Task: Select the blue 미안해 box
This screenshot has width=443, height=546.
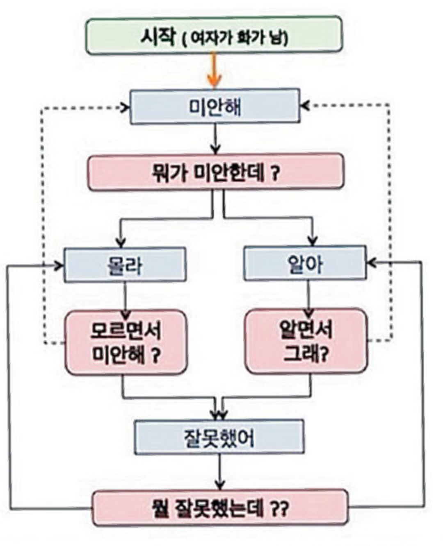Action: point(215,106)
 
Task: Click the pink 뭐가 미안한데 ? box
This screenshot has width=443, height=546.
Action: point(216,172)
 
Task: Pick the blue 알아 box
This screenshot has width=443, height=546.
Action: point(305,263)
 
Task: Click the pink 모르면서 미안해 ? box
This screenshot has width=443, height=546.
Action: point(126,342)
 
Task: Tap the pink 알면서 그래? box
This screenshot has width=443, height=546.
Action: point(306,341)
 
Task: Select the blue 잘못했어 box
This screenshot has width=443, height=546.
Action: point(219,437)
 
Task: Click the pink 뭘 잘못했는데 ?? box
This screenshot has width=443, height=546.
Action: point(220,508)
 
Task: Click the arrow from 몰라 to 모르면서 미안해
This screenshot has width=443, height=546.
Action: point(126,297)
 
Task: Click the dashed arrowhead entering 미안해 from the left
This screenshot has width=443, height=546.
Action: point(124,108)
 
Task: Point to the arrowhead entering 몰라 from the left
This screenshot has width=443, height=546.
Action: point(59,265)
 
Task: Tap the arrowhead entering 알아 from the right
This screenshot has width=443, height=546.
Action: point(372,262)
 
